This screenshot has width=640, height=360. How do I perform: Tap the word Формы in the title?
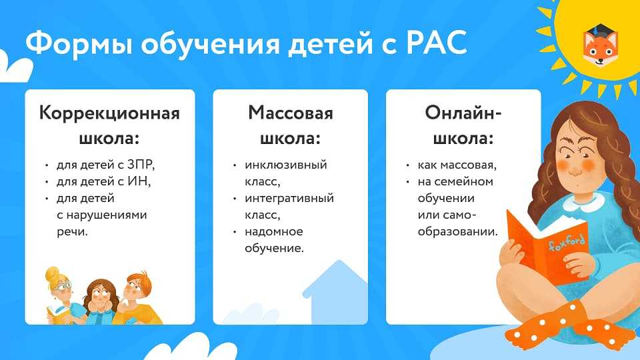tap(79, 43)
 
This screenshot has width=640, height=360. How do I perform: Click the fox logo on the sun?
tap(600, 46)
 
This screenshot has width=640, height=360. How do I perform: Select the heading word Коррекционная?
tap(109, 113)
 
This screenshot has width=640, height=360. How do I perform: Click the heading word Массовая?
tap(291, 113)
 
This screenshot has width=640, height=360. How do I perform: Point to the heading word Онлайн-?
tap(463, 113)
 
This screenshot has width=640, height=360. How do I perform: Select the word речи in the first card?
tap(71, 232)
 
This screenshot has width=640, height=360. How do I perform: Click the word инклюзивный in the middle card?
tap(286, 165)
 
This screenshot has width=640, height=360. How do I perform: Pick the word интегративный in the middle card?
tap(289, 199)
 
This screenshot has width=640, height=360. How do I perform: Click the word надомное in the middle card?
tap(273, 232)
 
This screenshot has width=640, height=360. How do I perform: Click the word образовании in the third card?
tap(457, 232)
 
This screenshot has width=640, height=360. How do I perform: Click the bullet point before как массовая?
tap(407, 165)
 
